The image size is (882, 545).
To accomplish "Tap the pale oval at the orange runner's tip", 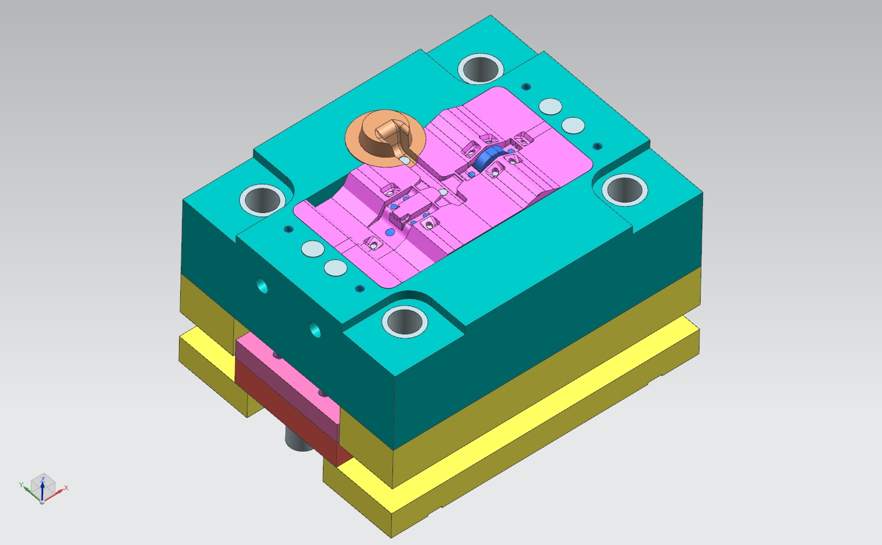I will click(404, 159).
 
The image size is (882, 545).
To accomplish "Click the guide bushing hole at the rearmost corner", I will click(481, 68).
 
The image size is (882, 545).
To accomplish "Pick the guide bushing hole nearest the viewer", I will click(404, 321).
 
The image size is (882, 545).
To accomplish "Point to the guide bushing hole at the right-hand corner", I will click(625, 189).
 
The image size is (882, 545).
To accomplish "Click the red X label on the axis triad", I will click(66, 488).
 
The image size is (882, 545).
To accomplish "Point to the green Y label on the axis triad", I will click(21, 485).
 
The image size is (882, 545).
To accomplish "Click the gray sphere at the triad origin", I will click(42, 502).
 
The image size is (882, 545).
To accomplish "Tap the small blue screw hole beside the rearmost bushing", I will click(526, 87).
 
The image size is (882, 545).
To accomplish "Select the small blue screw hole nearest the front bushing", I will click(360, 288).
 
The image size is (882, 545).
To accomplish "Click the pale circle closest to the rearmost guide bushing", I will click(550, 107).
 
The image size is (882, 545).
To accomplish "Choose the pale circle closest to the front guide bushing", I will click(336, 268).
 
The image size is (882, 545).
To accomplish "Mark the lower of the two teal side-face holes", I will click(315, 329).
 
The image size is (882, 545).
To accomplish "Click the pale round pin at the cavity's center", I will click(443, 192).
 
